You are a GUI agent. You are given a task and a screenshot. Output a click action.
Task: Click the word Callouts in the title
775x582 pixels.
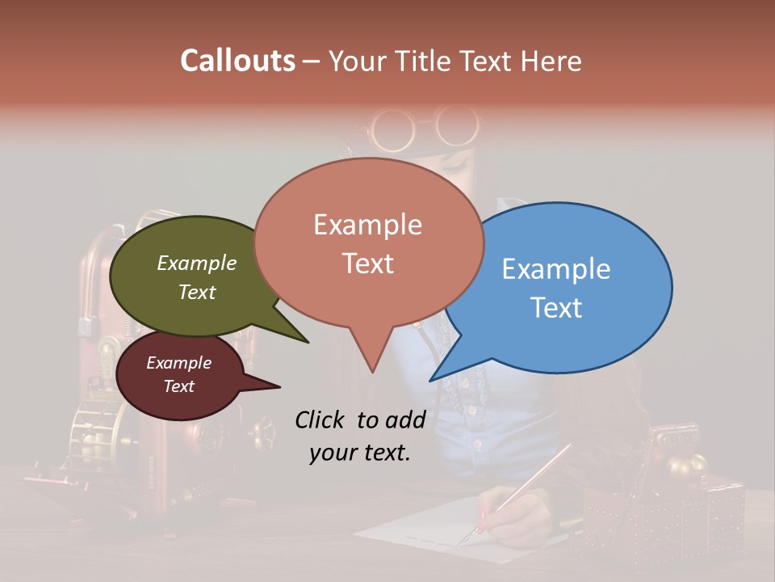pyautogui.click(x=237, y=61)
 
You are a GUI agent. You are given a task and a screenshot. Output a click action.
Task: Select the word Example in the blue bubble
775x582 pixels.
pyautogui.click(x=555, y=269)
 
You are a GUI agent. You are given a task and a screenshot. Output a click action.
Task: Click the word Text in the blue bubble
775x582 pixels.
pyautogui.click(x=555, y=308)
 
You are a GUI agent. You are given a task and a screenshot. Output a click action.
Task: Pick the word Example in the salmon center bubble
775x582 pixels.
pyautogui.click(x=367, y=225)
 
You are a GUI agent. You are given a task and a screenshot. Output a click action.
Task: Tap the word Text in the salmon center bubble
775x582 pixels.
pyautogui.click(x=367, y=264)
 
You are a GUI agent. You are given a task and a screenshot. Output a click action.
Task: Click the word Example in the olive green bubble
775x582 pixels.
pyautogui.click(x=196, y=264)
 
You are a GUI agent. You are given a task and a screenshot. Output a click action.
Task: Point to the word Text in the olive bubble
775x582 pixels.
pyautogui.click(x=196, y=292)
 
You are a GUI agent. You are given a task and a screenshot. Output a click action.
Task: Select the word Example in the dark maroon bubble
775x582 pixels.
pyautogui.click(x=178, y=363)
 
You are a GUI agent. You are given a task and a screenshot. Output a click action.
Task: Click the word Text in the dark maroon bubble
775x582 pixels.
pyautogui.click(x=178, y=386)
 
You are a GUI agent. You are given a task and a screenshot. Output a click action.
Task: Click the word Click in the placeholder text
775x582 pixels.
pyautogui.click(x=321, y=420)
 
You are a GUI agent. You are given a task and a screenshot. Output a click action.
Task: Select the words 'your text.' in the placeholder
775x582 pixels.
pyautogui.click(x=359, y=453)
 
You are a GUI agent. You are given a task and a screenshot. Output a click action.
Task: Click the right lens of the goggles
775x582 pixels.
pyautogui.click(x=455, y=126)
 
